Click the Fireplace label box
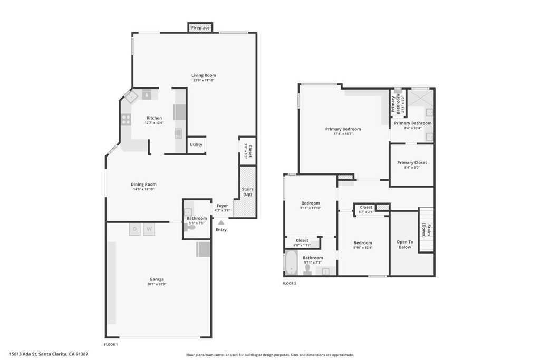pos(200,27)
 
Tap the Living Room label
pos(204,75)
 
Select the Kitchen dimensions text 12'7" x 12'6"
pos(154,123)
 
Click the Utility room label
pos(196,144)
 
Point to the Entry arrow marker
pos(221,223)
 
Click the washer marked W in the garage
pos(149,229)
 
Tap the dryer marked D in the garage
pos(134,229)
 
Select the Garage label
pos(157,279)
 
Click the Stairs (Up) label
pos(248,191)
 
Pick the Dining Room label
pos(144,184)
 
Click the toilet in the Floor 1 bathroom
pos(191,227)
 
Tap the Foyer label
pos(222,206)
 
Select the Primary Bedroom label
pos(343,129)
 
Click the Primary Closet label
pos(412,163)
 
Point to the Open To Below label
pos(404,244)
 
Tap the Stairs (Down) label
pos(426,231)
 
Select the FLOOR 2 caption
pos(289,283)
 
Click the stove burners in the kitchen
pos(127,120)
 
